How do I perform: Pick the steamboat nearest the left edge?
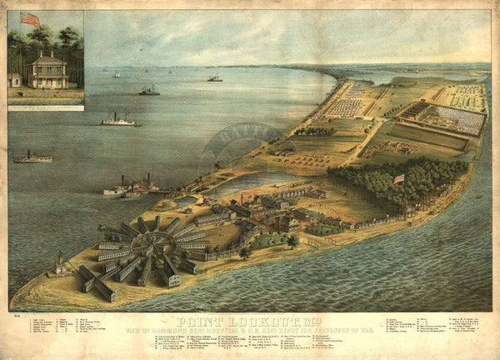(x=32, y=157)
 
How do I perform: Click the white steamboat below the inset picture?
(x=120, y=121)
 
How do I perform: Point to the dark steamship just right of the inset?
(x=149, y=90)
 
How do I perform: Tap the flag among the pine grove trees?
(x=398, y=178)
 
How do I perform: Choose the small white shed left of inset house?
(x=14, y=80)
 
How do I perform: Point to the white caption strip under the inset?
(x=46, y=107)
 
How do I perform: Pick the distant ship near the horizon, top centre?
(x=214, y=78)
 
